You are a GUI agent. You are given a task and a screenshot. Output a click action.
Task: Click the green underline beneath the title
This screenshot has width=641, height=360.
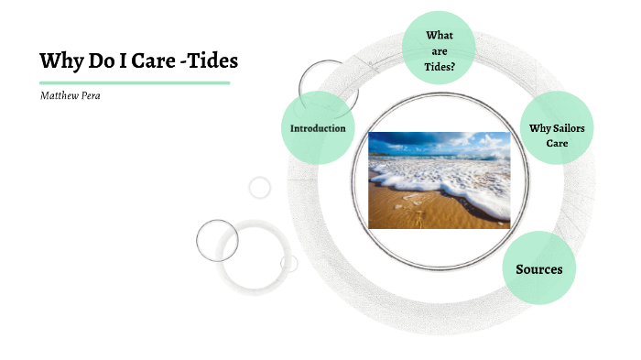pyautogui.click(x=134, y=82)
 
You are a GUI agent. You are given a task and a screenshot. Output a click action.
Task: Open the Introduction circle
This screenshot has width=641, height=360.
pyautogui.click(x=318, y=128)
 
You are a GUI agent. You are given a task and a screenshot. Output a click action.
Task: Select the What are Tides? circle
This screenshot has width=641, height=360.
pyautogui.click(x=440, y=48)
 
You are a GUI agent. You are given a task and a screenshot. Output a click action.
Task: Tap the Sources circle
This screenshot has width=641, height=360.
pyautogui.click(x=539, y=268)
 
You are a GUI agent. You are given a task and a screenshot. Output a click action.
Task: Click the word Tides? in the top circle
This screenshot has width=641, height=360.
pyautogui.click(x=440, y=66)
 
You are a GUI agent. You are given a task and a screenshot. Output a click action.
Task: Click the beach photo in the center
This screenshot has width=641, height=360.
pyautogui.click(x=439, y=180)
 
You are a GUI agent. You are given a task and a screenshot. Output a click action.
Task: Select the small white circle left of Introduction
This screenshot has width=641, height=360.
pyautogui.click(x=260, y=188)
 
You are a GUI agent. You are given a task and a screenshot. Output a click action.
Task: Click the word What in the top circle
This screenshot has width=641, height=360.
pyautogui.click(x=440, y=35)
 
